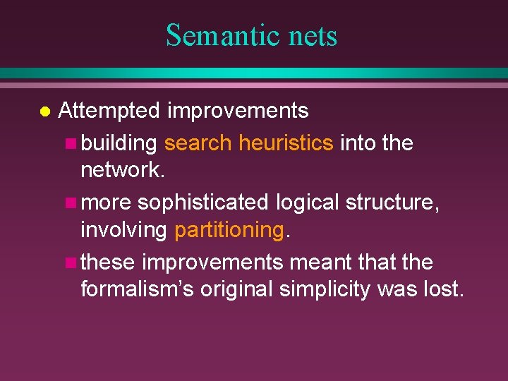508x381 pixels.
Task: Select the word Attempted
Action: coord(110,111)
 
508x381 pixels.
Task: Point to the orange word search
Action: coord(197,143)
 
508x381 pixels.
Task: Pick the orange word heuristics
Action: coord(286,143)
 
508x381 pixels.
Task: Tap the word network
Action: coord(120,170)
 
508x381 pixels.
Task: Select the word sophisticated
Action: coord(202,202)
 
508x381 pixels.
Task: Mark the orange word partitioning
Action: coord(229,230)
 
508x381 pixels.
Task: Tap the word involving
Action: coord(123,230)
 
